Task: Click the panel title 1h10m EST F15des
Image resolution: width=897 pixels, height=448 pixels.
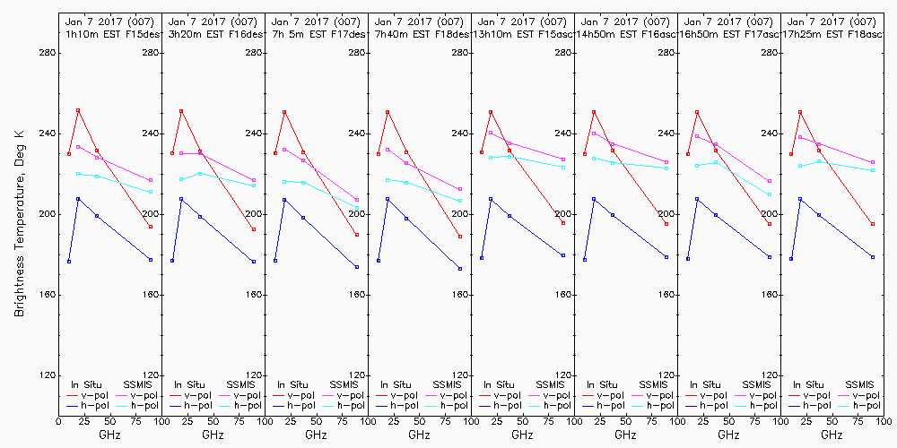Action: pyautogui.click(x=109, y=33)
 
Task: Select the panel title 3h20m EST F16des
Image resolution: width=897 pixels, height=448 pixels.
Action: pyautogui.click(x=213, y=33)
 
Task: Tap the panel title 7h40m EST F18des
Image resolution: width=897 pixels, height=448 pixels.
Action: pyautogui.click(x=419, y=33)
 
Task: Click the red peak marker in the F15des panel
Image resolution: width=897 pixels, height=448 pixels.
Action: pyautogui.click(x=78, y=110)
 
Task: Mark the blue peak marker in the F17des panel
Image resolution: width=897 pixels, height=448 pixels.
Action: pyautogui.click(x=284, y=199)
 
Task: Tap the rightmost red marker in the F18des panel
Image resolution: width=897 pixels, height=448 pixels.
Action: pyautogui.click(x=460, y=237)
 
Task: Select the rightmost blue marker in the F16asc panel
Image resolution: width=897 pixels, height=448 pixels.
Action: pyautogui.click(x=666, y=257)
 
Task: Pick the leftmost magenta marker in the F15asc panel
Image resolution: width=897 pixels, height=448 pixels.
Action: pyautogui.click(x=491, y=133)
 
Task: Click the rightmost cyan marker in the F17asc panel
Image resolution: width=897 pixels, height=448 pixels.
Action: pyautogui.click(x=770, y=194)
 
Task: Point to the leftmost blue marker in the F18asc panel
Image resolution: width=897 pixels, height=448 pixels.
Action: pyautogui.click(x=791, y=259)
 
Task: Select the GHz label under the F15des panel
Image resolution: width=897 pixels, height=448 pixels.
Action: pyautogui.click(x=109, y=435)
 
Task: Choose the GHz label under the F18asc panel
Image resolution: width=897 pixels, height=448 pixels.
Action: pyautogui.click(x=832, y=435)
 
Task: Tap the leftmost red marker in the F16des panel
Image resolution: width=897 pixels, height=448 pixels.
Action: pyautogui.click(x=172, y=153)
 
